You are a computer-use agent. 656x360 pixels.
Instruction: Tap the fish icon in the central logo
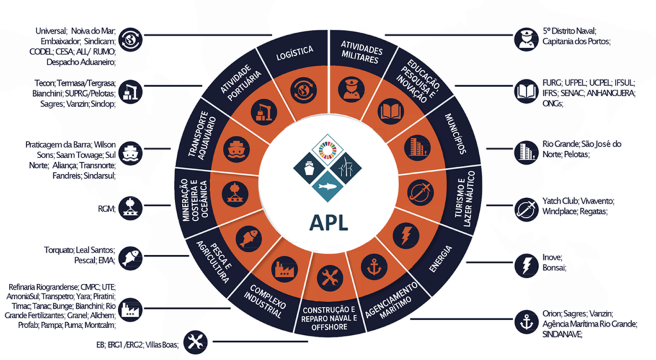coord(327,186)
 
